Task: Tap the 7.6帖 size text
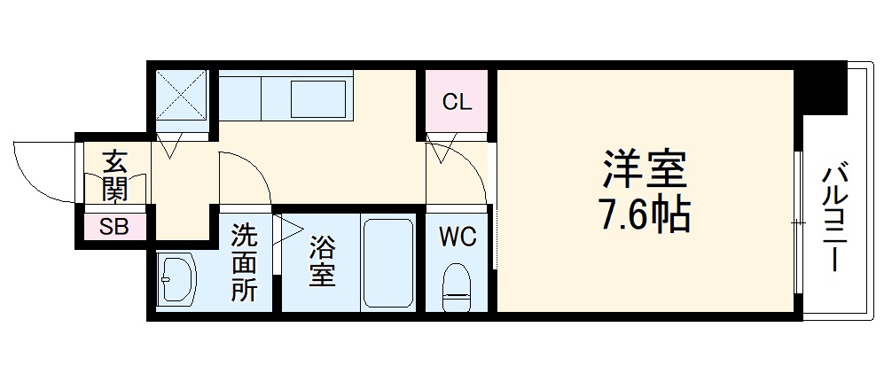[645, 214]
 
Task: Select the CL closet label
[457, 102]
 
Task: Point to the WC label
[458, 237]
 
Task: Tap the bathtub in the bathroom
[387, 263]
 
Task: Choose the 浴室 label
[321, 262]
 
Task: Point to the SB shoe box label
[113, 227]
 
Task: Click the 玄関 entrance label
[114, 175]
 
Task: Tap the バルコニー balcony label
[834, 217]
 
